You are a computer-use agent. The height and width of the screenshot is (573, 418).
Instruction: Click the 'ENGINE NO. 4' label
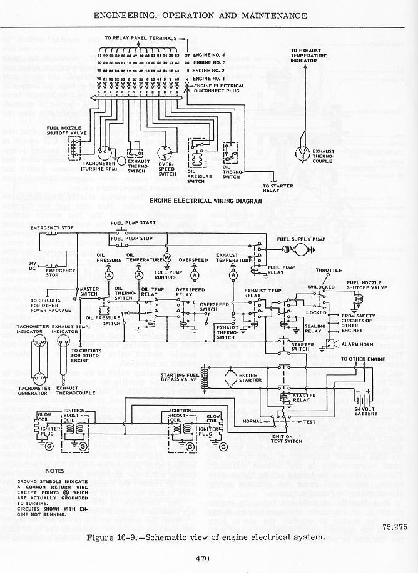click(210, 56)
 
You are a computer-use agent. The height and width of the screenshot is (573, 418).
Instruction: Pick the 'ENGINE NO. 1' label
click(210, 79)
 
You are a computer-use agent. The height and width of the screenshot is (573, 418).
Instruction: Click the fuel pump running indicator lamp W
click(168, 257)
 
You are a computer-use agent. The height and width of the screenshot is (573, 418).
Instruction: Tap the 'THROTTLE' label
click(329, 271)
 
